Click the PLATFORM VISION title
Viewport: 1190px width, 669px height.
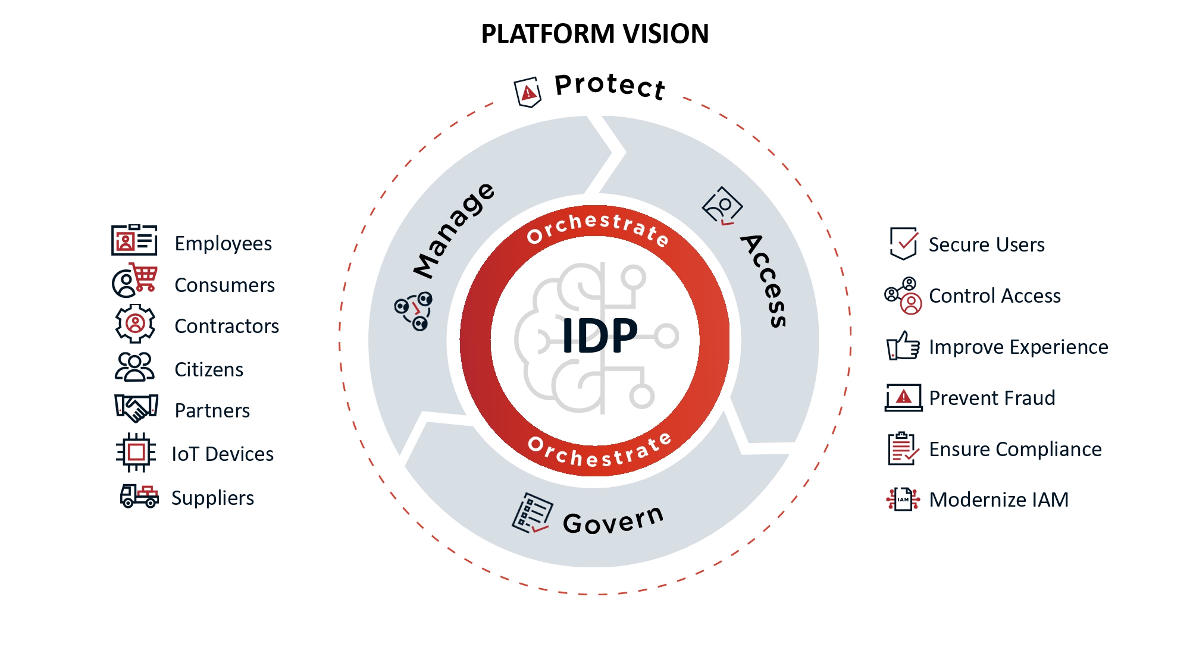pyautogui.click(x=594, y=34)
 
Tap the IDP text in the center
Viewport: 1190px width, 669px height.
pyautogui.click(x=599, y=336)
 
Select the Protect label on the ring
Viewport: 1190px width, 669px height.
pyautogui.click(x=609, y=86)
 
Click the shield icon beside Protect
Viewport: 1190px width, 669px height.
pyautogui.click(x=528, y=92)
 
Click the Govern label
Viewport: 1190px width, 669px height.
pyautogui.click(x=613, y=520)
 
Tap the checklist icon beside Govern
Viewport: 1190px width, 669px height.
pyautogui.click(x=532, y=513)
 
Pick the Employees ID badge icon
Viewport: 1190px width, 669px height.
pyautogui.click(x=134, y=240)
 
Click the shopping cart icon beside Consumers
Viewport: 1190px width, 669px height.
pyautogui.click(x=145, y=277)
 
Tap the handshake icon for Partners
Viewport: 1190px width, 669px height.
pyautogui.click(x=136, y=408)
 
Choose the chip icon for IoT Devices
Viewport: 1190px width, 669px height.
pyautogui.click(x=136, y=453)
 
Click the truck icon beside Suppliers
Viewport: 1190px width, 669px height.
pyautogui.click(x=139, y=495)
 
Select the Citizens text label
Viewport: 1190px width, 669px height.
pyautogui.click(x=209, y=370)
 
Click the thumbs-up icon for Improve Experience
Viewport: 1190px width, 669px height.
pyautogui.click(x=903, y=346)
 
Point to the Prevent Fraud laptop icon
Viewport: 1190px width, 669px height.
pyautogui.click(x=903, y=397)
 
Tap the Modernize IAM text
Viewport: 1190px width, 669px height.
pyautogui.click(x=998, y=500)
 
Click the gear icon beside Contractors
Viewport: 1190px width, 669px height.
pyautogui.click(x=135, y=323)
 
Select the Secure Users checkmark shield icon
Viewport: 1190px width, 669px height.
pyautogui.click(x=903, y=243)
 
